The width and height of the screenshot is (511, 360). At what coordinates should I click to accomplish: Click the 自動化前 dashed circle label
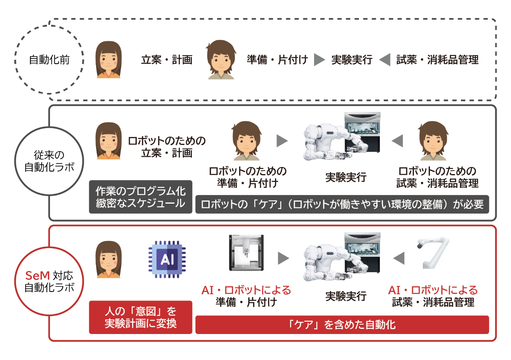49,60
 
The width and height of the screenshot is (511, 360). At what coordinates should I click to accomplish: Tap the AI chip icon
167,260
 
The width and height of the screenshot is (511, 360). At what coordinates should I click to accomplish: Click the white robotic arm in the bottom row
433,252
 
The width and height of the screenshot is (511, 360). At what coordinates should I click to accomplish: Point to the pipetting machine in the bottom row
246,252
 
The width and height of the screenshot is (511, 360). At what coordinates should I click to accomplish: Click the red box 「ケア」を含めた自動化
342,325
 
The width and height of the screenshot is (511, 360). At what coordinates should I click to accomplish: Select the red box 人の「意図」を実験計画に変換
141,317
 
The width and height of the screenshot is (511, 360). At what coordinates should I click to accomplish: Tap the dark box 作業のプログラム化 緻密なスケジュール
141,197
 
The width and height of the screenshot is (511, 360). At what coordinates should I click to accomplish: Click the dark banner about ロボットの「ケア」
342,204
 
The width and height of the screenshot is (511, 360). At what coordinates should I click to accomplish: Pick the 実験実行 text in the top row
351,60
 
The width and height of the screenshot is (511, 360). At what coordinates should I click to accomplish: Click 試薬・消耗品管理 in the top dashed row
437,60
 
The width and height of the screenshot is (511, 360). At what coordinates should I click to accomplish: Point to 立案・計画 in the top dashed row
167,60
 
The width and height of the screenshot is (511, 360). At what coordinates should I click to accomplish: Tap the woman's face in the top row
108,60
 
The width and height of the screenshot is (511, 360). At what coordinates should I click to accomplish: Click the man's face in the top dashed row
221,60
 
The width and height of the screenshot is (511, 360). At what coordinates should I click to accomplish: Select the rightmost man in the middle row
433,141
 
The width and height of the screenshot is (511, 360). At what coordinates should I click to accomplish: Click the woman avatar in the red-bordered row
108,260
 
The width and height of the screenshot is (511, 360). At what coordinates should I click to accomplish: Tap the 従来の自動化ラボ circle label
49,161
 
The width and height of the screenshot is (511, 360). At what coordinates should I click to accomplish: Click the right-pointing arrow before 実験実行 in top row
320,60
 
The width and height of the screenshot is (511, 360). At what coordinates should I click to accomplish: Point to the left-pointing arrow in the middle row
397,141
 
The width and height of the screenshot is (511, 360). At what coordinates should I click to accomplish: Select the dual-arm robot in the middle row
342,137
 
